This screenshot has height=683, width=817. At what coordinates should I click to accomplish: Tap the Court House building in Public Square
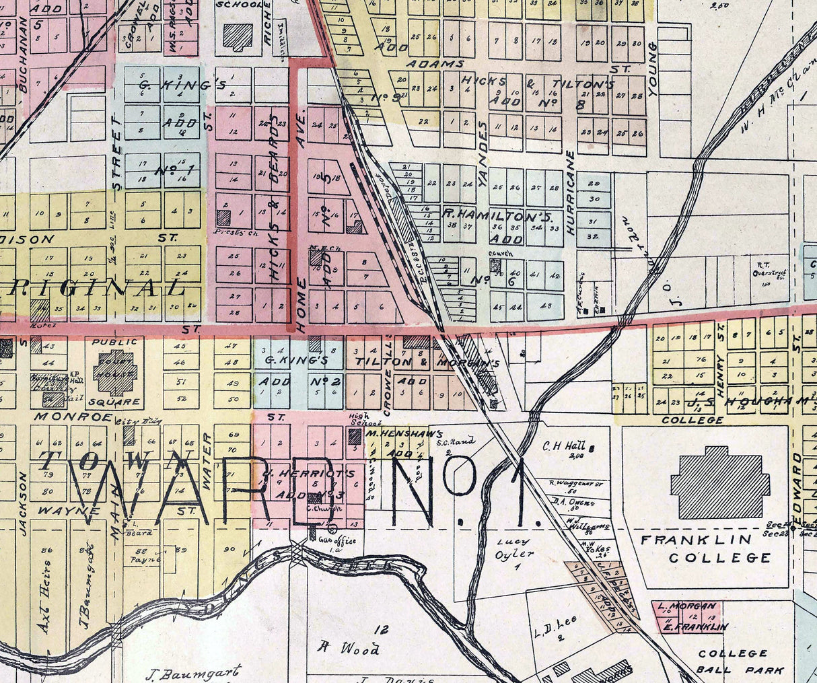pyautogui.click(x=114, y=371)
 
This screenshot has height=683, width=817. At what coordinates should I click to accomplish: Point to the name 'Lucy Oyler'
pyautogui.click(x=513, y=548)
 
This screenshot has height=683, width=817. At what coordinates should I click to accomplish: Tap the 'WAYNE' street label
pyautogui.click(x=79, y=511)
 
